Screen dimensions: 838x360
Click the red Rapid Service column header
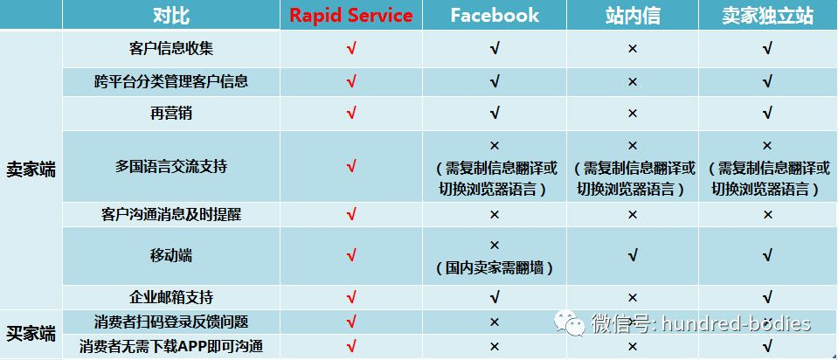pyautogui.click(x=351, y=15)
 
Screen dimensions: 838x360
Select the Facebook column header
pyautogui.click(x=495, y=15)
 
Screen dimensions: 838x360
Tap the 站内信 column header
pyautogui.click(x=633, y=16)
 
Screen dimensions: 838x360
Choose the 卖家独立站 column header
pyautogui.click(x=767, y=16)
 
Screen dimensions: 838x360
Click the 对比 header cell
pyautogui.click(x=171, y=16)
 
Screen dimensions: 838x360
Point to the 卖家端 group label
pyautogui.click(x=31, y=170)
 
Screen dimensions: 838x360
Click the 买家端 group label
pyautogui.click(x=31, y=334)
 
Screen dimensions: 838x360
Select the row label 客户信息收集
pyautogui.click(x=171, y=49)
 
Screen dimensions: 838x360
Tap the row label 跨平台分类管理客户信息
pyautogui.click(x=171, y=82)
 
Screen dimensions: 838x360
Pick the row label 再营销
pyautogui.click(x=171, y=113)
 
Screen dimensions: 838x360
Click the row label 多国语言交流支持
pyautogui.click(x=171, y=166)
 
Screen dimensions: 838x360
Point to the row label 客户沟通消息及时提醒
pyautogui.click(x=171, y=214)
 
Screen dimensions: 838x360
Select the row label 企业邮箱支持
pyautogui.click(x=171, y=297)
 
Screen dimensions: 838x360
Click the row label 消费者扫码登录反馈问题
pyautogui.click(x=171, y=322)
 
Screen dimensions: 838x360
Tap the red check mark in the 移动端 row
pyautogui.click(x=351, y=255)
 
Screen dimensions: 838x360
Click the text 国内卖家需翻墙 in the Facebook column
pyautogui.click(x=495, y=267)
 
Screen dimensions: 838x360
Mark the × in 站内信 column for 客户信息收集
pyautogui.click(x=633, y=49)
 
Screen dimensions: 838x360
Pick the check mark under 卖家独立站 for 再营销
pyautogui.click(x=767, y=113)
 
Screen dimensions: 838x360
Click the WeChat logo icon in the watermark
pyautogui.click(x=569, y=323)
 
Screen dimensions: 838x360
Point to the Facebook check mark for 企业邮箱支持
pyautogui.click(x=495, y=296)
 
